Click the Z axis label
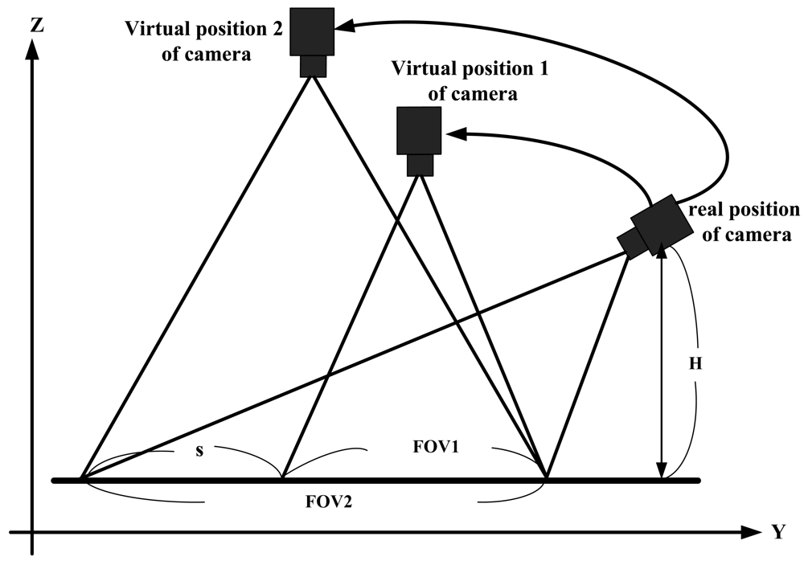pyautogui.click(x=36, y=23)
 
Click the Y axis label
pyautogui.click(x=777, y=531)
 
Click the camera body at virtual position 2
pyautogui.click(x=313, y=31)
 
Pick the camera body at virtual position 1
pyautogui.click(x=419, y=130)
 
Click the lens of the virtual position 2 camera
pyautogui.click(x=313, y=66)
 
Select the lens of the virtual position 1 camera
pyautogui.click(x=419, y=164)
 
